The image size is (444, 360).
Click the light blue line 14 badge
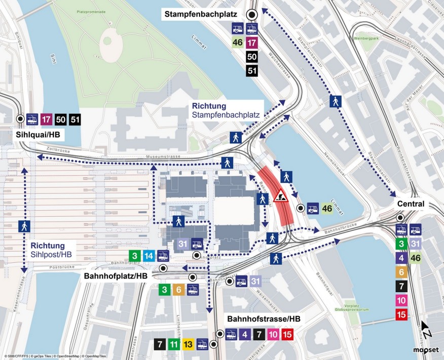tap(149, 256)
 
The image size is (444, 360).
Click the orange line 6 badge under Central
tap(401, 272)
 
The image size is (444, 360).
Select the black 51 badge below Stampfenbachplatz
tap(251, 71)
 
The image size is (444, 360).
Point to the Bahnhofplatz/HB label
tap(116, 276)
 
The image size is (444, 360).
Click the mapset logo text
tap(423, 349)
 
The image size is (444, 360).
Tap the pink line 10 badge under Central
tap(401, 301)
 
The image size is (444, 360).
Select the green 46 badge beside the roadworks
tap(327, 208)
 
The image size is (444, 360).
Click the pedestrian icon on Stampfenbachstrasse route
tap(335, 101)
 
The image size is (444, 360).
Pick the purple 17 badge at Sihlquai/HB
tap(47, 119)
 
